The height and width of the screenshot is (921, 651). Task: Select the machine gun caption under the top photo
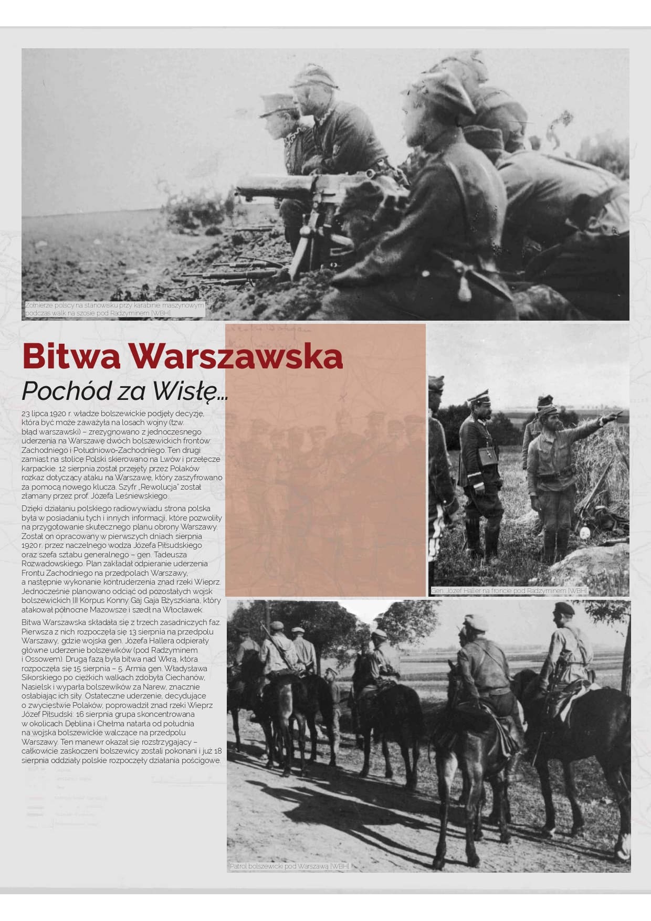click(x=114, y=309)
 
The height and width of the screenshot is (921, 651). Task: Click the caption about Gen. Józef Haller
click(x=509, y=591)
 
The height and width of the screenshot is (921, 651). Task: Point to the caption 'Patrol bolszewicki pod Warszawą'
click(x=289, y=866)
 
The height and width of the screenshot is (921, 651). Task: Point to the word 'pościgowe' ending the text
click(x=203, y=760)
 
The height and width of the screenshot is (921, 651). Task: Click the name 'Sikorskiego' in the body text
click(x=42, y=677)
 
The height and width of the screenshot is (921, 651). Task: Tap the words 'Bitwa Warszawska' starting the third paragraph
click(x=54, y=622)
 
